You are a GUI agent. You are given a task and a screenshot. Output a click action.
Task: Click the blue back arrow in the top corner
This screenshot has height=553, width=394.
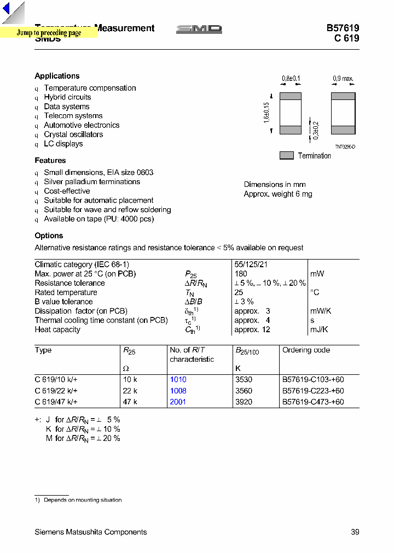[x=7, y=8]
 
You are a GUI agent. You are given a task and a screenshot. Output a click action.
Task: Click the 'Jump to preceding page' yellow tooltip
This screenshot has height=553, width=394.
[x=49, y=33]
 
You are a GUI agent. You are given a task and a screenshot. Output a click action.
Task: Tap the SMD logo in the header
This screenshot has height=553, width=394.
[x=199, y=30]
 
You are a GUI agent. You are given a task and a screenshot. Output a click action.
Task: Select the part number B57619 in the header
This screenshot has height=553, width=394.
[x=343, y=28]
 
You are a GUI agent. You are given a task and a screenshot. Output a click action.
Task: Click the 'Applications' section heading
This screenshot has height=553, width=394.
[x=57, y=76]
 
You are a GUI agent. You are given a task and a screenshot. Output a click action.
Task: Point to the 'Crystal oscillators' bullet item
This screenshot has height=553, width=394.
[x=73, y=134]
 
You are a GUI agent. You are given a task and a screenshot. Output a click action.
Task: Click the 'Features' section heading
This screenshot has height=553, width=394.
[x=50, y=161]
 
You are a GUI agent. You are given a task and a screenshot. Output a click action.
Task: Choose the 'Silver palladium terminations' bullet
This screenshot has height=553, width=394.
[x=92, y=182]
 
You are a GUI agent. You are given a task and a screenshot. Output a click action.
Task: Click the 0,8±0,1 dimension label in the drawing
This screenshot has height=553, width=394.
[x=291, y=79]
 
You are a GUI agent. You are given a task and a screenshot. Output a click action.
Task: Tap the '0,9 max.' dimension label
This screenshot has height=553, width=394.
[x=343, y=79]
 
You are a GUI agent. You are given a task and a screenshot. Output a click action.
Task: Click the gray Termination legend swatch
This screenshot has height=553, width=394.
[x=287, y=156]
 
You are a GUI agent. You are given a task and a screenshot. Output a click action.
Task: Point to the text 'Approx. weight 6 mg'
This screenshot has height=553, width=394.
[x=278, y=194]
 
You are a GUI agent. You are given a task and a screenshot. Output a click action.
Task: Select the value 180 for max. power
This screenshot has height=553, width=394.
[x=241, y=274]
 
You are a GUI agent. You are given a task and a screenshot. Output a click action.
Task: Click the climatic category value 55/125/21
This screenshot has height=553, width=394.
[x=251, y=264]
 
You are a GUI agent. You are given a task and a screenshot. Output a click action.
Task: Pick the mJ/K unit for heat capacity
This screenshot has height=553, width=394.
[x=319, y=330]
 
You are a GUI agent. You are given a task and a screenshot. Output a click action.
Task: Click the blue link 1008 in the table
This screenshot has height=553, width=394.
[x=178, y=391]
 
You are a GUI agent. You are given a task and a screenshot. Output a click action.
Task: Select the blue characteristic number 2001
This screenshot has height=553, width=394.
[x=178, y=402]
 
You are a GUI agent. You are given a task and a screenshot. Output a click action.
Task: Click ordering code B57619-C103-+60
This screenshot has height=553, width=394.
[x=313, y=379]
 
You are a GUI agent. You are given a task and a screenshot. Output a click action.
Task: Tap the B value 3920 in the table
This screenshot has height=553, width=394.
[x=244, y=402]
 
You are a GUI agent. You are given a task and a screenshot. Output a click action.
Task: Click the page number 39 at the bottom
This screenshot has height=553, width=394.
[x=355, y=532]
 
